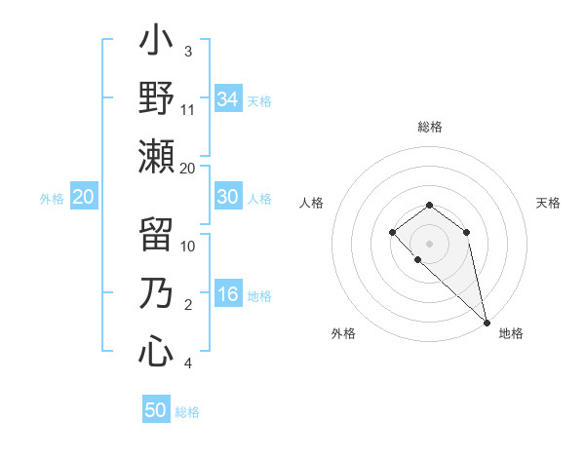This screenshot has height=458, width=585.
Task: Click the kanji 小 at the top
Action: click(156, 43)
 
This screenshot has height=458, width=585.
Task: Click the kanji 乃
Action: click(156, 294)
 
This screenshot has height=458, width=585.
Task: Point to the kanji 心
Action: click(156, 351)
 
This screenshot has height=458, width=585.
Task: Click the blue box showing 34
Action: click(228, 99)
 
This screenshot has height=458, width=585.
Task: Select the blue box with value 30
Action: click(228, 197)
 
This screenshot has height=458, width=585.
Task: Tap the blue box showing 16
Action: click(228, 295)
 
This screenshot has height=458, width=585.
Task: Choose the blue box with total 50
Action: click(156, 410)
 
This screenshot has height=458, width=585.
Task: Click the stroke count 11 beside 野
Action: click(188, 109)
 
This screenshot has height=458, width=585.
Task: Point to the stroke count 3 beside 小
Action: click(188, 51)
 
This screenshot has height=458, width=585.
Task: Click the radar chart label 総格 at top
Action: click(430, 127)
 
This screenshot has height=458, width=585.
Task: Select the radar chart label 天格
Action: click(549, 203)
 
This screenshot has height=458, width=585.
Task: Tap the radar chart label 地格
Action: click(511, 333)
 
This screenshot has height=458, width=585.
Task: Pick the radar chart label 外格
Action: click(343, 333)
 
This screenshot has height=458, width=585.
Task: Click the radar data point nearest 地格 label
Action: click(487, 322)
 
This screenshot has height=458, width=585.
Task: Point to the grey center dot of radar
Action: click(430, 243)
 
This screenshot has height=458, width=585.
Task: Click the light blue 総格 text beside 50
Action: click(187, 412)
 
